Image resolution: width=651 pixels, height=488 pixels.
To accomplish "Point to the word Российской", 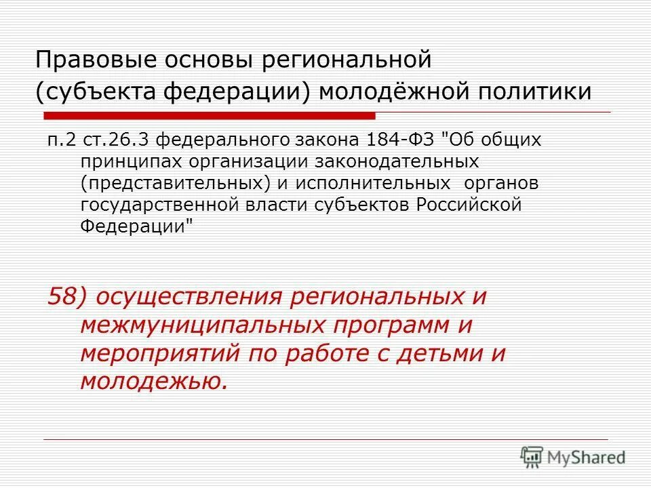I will click(469, 205).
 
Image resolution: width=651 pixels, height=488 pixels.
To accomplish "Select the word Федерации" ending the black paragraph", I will click(136, 226).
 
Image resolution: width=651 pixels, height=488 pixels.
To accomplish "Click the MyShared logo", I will click(573, 457).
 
